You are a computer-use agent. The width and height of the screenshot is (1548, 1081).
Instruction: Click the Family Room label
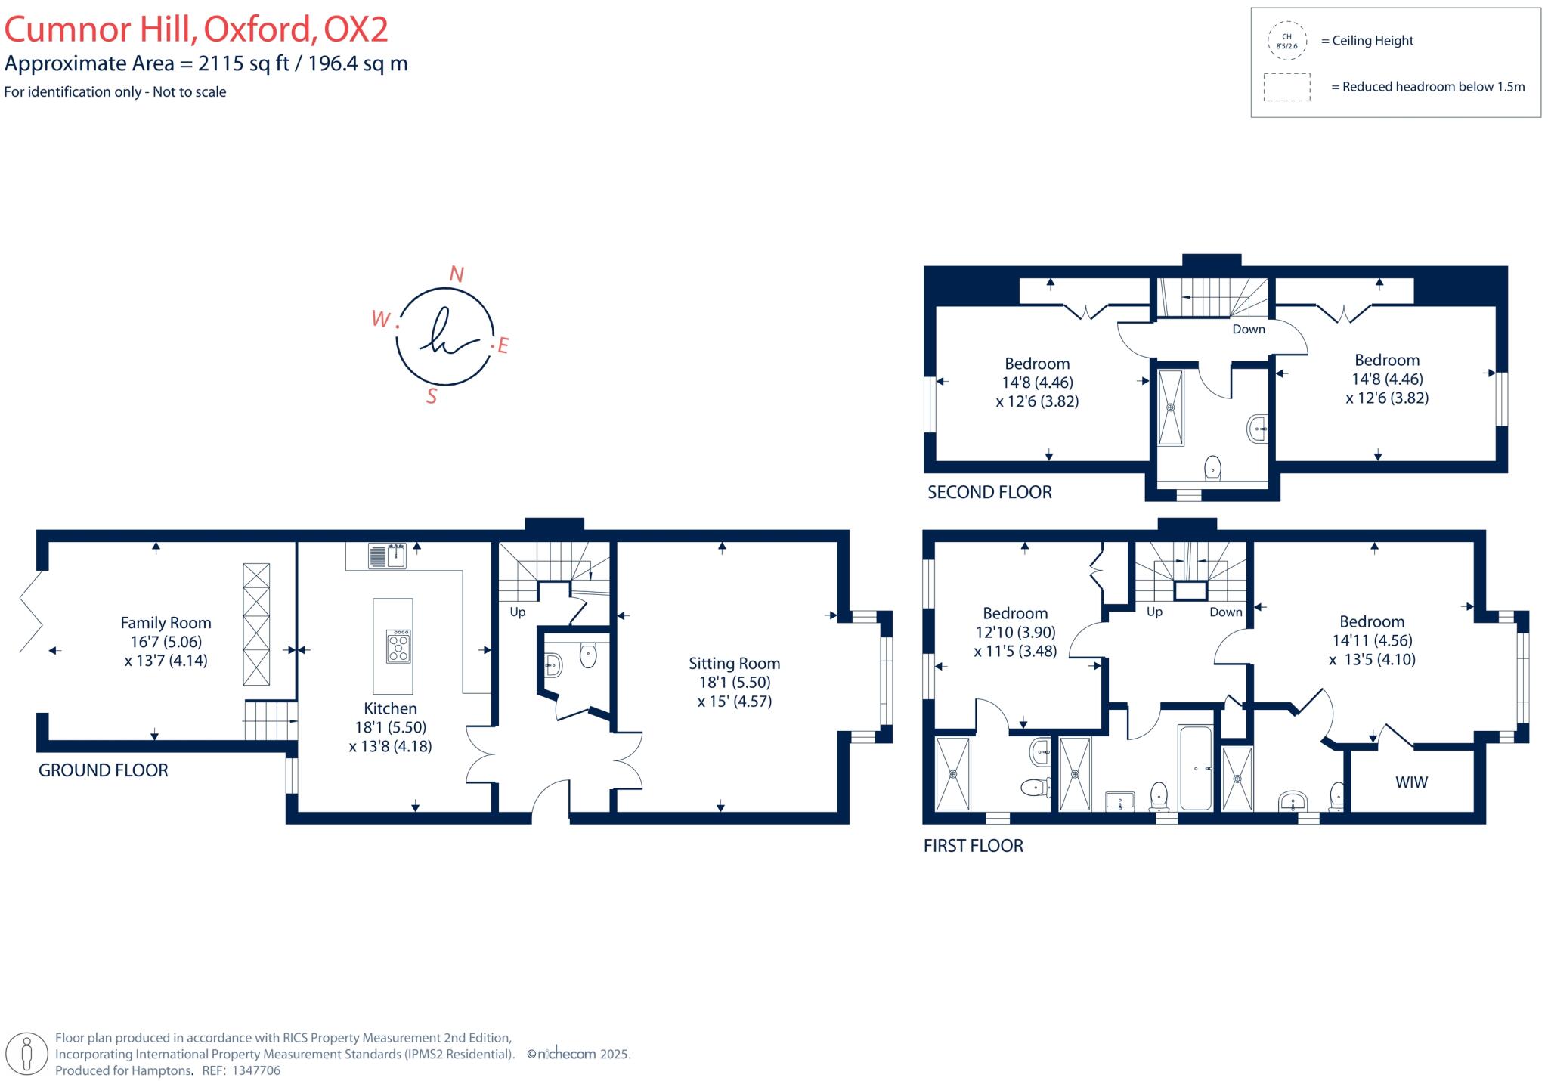tap(166, 623)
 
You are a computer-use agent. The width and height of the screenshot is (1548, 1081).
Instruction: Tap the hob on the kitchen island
tap(398, 646)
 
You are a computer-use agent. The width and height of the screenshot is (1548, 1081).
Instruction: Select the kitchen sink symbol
tap(387, 556)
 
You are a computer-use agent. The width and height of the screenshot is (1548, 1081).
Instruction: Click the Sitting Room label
tap(734, 664)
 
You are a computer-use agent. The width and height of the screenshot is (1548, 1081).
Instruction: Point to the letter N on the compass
tap(456, 274)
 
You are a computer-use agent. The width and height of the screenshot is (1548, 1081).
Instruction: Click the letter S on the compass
tap(432, 396)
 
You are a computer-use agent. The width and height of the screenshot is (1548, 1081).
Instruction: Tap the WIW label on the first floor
tap(1411, 782)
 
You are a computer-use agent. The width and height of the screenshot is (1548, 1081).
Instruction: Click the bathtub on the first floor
tap(1196, 768)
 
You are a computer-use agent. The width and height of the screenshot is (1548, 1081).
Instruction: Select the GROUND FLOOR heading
tap(104, 770)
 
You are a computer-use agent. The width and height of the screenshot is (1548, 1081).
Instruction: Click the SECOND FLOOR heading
tap(989, 493)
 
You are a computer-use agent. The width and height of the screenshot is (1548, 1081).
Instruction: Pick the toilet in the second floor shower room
tap(1212, 466)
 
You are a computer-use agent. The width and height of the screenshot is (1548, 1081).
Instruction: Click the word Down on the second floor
tap(1248, 330)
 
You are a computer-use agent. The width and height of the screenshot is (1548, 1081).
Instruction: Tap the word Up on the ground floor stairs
tap(517, 612)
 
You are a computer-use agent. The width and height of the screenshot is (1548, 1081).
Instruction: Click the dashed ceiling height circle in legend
tap(1286, 41)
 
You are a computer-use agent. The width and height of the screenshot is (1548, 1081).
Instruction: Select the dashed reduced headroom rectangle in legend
tap(1286, 87)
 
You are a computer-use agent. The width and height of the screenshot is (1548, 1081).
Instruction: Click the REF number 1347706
tap(256, 1070)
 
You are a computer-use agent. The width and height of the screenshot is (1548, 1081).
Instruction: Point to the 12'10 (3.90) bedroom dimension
tap(1015, 632)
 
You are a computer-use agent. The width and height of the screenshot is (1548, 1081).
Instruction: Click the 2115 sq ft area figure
tap(244, 63)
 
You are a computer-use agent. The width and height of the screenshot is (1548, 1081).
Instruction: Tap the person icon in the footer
tap(28, 1053)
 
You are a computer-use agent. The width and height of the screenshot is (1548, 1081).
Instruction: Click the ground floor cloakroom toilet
tap(588, 655)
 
